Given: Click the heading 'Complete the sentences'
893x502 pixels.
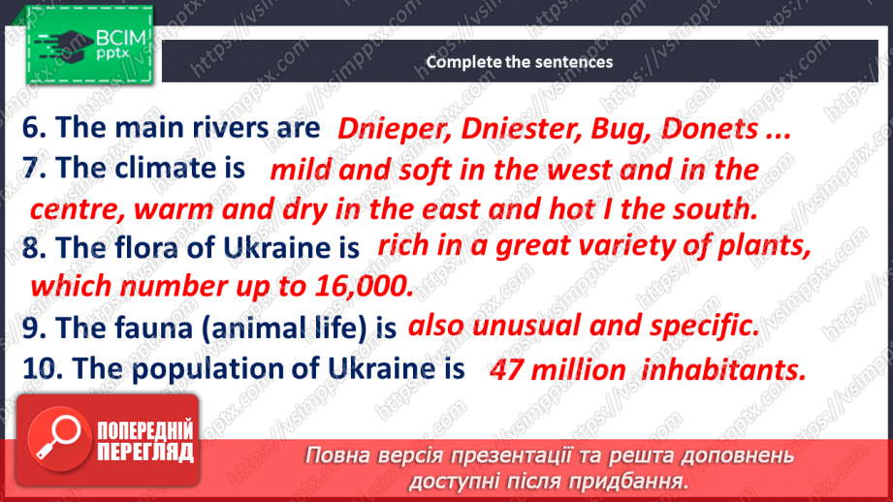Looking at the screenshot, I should (519, 62).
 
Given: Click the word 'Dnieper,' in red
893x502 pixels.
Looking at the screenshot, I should (381, 129).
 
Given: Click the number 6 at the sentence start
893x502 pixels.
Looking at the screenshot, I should (31, 128).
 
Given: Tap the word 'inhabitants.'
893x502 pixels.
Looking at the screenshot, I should (723, 369).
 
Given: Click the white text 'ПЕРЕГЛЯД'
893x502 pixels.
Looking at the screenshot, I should (145, 452).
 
